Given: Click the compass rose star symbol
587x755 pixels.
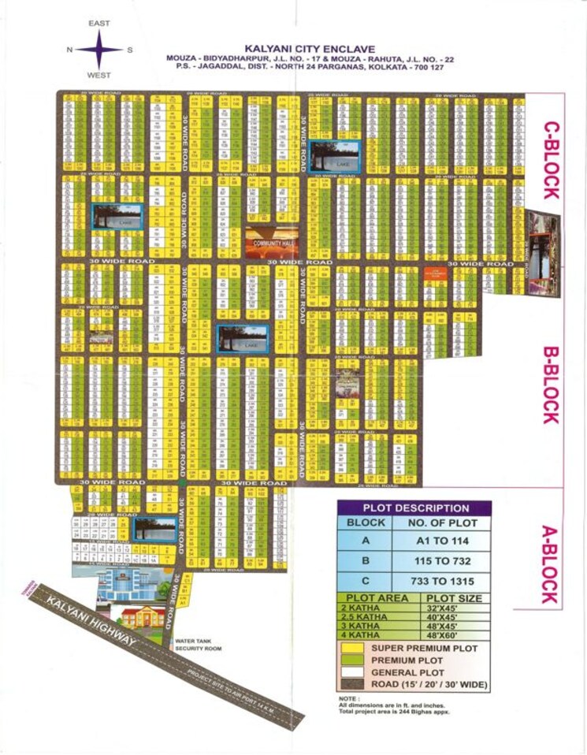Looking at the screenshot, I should (x=99, y=50).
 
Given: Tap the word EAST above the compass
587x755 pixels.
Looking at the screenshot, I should (x=99, y=24).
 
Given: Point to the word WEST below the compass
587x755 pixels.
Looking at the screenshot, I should (x=99, y=76).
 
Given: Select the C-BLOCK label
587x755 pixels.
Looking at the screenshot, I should (x=550, y=160).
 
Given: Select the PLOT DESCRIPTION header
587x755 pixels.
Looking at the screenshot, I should (x=414, y=508).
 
